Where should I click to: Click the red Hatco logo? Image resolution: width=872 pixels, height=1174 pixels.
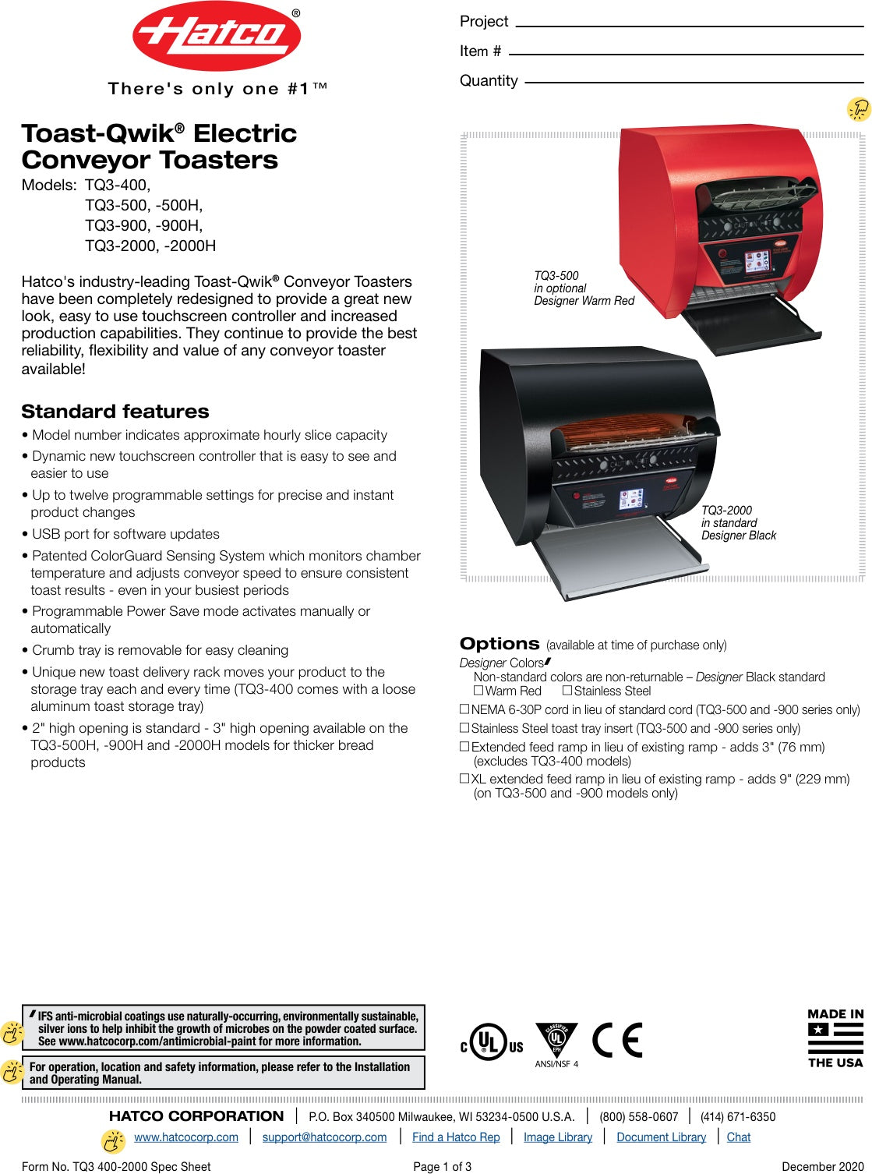pos(217,36)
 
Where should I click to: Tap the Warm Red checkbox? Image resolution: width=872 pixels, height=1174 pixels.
pos(478,691)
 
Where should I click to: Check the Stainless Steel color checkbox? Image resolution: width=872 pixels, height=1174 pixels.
pos(567,691)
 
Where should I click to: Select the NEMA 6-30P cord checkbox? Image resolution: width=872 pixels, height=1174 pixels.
pos(464,709)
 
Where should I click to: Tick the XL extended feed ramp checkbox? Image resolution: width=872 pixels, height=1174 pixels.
pos(464,778)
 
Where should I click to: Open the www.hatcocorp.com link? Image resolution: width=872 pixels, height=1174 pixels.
pos(186,1137)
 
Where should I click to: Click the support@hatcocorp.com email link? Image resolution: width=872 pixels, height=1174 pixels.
pos(324,1137)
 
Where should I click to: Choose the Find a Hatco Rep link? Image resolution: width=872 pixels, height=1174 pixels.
pos(456,1137)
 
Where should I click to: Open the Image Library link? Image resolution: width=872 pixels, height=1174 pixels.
pos(558,1137)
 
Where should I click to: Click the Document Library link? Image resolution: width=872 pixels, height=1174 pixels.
pos(661,1137)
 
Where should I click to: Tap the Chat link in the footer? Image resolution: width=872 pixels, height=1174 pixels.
pos(739,1137)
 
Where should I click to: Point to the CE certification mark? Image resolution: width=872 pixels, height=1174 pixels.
pos(617,1040)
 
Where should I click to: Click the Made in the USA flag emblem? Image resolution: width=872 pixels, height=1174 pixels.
pos(835,1038)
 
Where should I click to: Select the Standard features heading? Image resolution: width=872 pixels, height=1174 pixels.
pos(115,412)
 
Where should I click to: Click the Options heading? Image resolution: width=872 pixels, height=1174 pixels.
pos(500,644)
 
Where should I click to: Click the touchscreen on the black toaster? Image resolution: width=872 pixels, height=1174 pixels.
pos(631,499)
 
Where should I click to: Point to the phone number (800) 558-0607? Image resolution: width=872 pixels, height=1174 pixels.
pos(639,1116)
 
